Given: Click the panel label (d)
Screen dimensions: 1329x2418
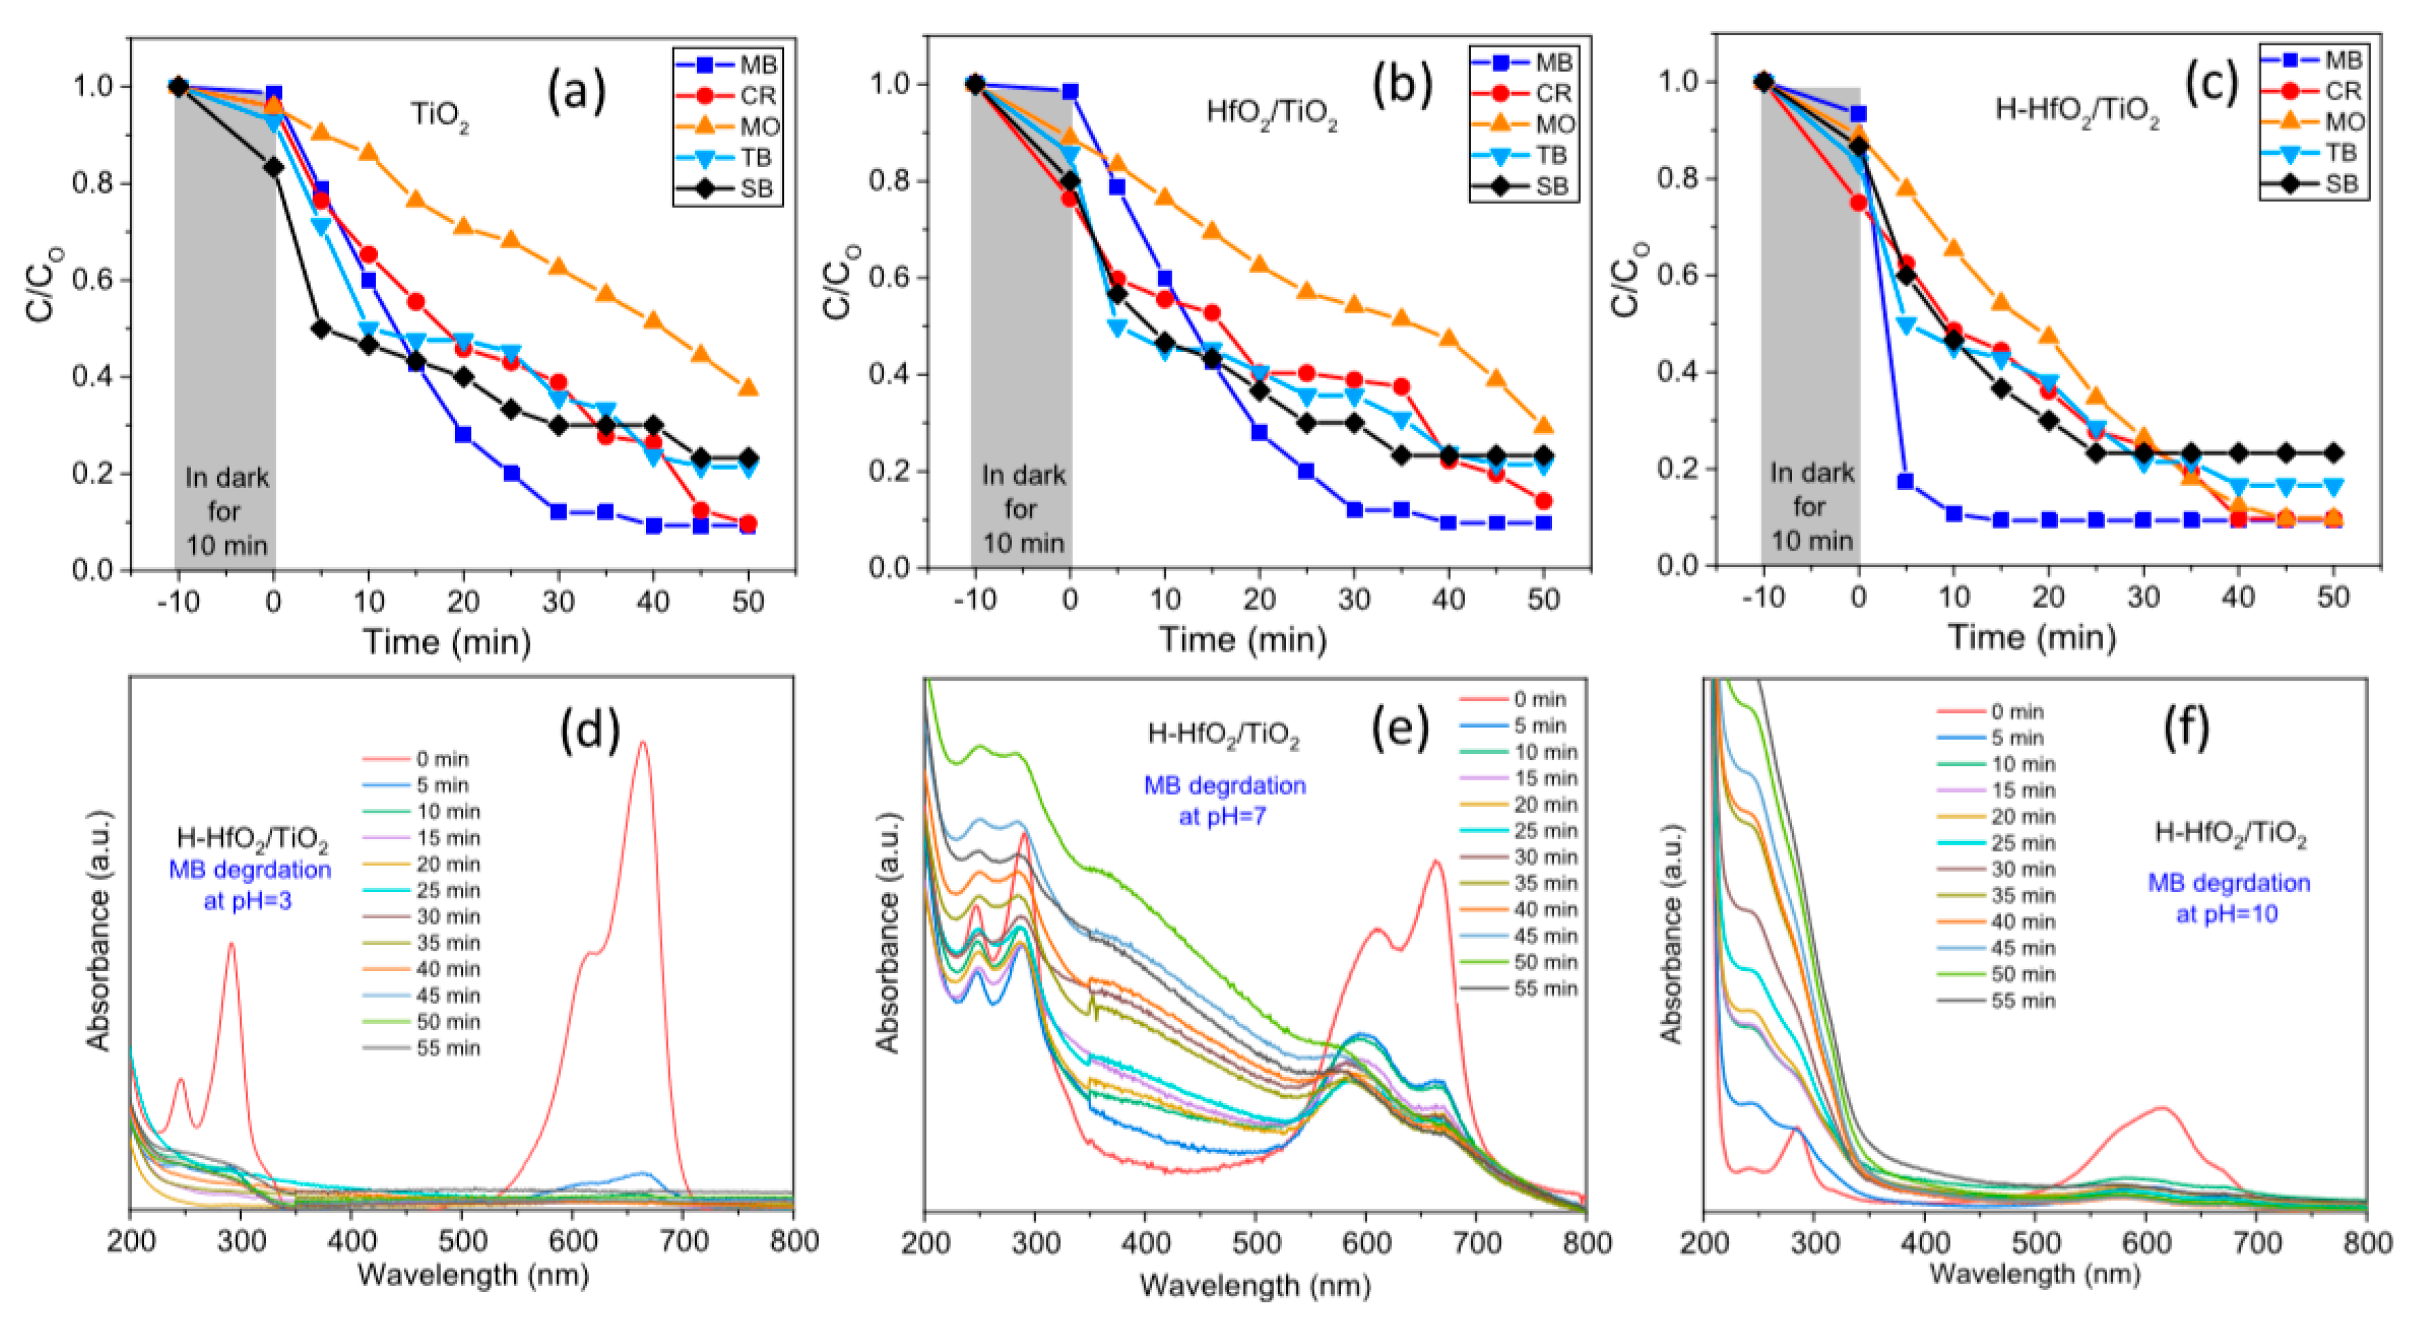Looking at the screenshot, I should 590,730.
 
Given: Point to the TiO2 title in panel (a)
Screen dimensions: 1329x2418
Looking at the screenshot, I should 439,116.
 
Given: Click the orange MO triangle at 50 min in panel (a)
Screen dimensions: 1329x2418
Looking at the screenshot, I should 748,388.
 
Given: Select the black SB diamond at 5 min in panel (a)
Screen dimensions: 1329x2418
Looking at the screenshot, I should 321,329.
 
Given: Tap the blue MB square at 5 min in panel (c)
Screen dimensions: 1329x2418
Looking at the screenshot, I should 1905,481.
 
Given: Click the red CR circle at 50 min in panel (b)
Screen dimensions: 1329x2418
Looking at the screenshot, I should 1543,501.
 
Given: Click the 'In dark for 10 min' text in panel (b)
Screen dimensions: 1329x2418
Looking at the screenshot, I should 1022,509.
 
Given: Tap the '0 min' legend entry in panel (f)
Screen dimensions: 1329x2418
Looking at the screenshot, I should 2017,712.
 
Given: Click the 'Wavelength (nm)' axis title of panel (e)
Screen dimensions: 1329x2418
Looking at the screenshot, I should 1255,1285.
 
